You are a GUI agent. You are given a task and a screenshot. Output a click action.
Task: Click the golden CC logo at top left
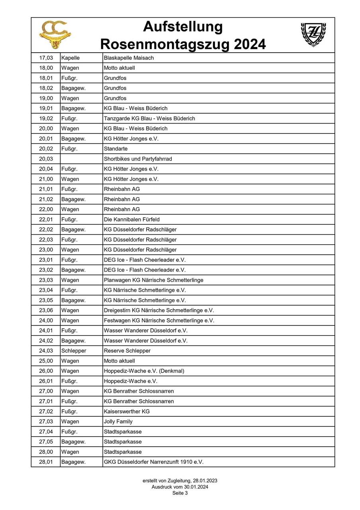tap(55, 35)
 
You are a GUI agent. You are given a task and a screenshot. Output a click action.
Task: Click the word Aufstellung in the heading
tap(183, 27)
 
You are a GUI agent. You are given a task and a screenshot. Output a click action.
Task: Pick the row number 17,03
tap(46, 58)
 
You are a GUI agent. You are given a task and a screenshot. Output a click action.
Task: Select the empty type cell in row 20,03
tap(81, 159)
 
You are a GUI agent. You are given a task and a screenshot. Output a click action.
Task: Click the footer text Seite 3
tap(180, 493)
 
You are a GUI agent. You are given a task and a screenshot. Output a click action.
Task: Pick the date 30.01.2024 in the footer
tap(194, 487)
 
